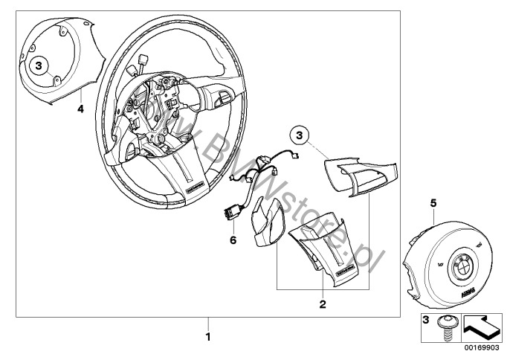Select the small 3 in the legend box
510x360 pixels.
[x=426, y=321]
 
